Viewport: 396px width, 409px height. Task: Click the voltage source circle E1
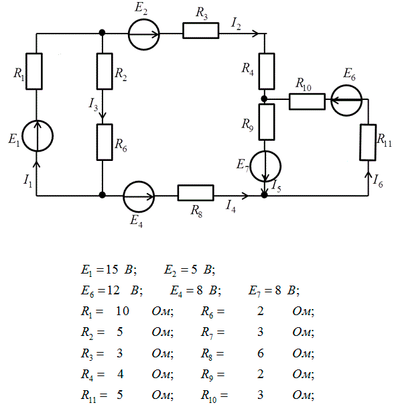(x=22, y=136)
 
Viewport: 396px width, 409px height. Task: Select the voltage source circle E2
(x=129, y=34)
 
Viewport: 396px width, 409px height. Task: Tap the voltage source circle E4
(x=123, y=196)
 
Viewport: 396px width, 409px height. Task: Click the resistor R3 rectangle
(x=201, y=23)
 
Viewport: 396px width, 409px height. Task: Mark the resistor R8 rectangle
(x=196, y=186)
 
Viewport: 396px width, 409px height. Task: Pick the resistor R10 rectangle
(x=307, y=94)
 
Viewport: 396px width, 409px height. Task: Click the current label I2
(x=236, y=24)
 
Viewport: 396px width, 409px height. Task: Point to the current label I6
(x=378, y=181)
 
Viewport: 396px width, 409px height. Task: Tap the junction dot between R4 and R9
(x=265, y=99)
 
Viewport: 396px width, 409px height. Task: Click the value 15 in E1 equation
(x=112, y=269)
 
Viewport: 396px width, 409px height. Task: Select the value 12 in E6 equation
(x=113, y=290)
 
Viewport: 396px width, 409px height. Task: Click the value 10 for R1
(x=123, y=311)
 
